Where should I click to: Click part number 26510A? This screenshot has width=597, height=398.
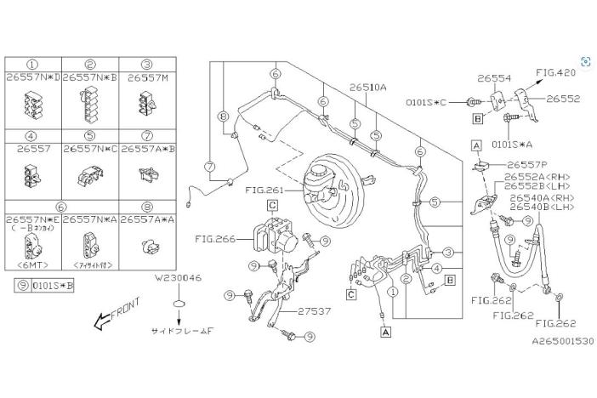click(x=367, y=87)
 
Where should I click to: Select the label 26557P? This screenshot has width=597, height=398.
click(x=531, y=164)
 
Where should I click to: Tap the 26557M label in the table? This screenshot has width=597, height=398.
click(x=147, y=77)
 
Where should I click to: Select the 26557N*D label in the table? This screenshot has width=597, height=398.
click(x=32, y=77)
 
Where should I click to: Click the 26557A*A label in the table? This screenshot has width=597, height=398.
click(x=147, y=219)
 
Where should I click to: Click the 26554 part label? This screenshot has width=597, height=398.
click(x=493, y=77)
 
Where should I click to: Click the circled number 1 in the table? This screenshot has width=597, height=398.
click(x=32, y=64)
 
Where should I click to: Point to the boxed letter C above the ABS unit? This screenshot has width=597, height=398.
click(x=272, y=205)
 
